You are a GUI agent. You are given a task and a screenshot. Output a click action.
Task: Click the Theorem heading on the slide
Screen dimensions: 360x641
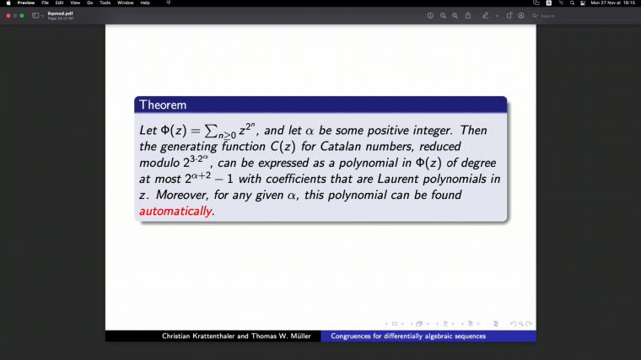[x=163, y=105]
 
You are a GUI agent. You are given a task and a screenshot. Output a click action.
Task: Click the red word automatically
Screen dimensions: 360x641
[x=175, y=211]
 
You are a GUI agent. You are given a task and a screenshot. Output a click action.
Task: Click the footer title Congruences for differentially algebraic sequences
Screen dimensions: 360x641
[x=408, y=336]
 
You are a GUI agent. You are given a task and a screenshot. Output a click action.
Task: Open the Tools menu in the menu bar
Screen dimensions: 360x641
[x=105, y=3]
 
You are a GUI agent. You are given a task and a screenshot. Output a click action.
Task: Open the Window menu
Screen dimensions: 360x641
[x=125, y=3]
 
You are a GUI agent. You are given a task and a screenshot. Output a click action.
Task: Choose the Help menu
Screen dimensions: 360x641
[x=145, y=3]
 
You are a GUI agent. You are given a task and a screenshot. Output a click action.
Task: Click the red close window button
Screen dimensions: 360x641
[x=8, y=15]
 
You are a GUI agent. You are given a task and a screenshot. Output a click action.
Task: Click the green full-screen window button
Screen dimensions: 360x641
[x=22, y=15]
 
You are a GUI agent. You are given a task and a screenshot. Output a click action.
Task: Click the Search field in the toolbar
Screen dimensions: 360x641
[x=582, y=15]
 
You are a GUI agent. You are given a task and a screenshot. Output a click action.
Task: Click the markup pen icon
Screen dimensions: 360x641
[x=485, y=15]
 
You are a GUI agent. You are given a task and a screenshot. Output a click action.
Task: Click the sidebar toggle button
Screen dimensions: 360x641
[x=36, y=15]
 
